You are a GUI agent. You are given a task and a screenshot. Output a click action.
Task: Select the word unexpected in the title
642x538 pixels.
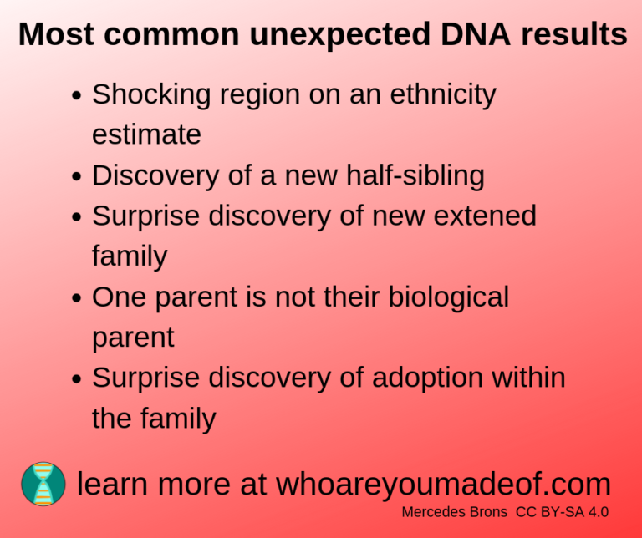(x=327, y=35)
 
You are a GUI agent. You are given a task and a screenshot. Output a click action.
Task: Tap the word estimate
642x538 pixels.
(x=146, y=134)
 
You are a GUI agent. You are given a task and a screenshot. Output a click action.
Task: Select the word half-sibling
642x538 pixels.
(x=410, y=175)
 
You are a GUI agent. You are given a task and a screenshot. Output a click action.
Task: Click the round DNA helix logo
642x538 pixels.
(x=43, y=484)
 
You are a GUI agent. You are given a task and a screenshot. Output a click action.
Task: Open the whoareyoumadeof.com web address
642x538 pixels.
(x=443, y=484)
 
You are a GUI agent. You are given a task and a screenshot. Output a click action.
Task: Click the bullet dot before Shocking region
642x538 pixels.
(x=76, y=96)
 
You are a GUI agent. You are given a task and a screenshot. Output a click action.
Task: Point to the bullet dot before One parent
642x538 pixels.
(x=76, y=298)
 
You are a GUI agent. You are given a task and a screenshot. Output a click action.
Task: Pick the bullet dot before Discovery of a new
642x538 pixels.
(x=76, y=177)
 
